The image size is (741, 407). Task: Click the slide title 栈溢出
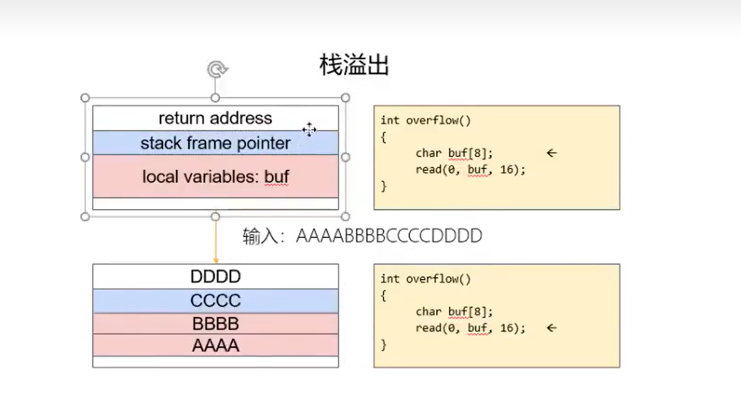point(354,65)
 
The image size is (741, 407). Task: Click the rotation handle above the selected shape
point(215,70)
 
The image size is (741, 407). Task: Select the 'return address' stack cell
point(215,118)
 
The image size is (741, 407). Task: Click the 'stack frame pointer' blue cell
point(215,143)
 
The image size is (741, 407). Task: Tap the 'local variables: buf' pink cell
point(215,177)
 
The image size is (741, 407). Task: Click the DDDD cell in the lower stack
point(215,276)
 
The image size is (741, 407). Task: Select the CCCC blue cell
point(215,301)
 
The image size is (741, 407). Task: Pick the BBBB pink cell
point(215,324)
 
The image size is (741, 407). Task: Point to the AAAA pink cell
point(215,346)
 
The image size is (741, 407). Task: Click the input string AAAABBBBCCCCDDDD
point(389,236)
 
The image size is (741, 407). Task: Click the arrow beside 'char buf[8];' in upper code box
point(551,153)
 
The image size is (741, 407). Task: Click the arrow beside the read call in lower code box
point(551,328)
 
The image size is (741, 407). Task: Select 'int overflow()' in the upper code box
point(425,120)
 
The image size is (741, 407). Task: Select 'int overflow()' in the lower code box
point(425,279)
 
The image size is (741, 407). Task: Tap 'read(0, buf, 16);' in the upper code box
point(470,170)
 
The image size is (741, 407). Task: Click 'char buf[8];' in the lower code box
point(454,311)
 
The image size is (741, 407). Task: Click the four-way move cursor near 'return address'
point(309,129)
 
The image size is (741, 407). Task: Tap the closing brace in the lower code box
point(383,344)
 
